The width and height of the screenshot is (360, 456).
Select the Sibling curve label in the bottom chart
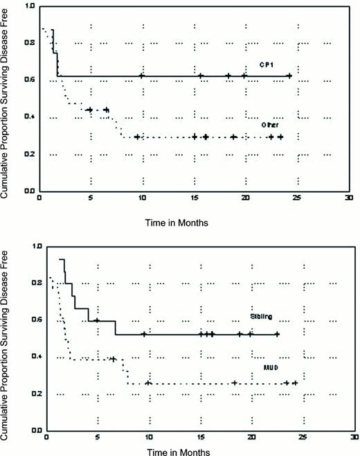coord(262,317)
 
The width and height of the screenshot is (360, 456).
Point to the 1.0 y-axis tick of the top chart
coord(29,6)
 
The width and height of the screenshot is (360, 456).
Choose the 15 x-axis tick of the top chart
coord(193,198)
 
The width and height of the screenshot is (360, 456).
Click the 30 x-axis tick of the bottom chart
coord(354,438)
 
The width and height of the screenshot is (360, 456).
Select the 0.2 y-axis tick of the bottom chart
coord(35,394)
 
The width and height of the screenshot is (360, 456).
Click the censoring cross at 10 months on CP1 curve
coord(142,76)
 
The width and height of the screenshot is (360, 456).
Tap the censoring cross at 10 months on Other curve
coord(137,137)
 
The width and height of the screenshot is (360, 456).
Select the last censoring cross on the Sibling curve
coord(277,335)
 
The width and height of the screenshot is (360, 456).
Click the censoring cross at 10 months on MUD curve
coord(148,383)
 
